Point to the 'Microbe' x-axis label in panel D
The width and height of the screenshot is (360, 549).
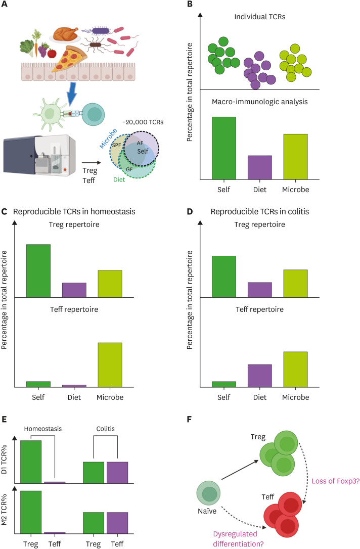click(295, 397)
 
